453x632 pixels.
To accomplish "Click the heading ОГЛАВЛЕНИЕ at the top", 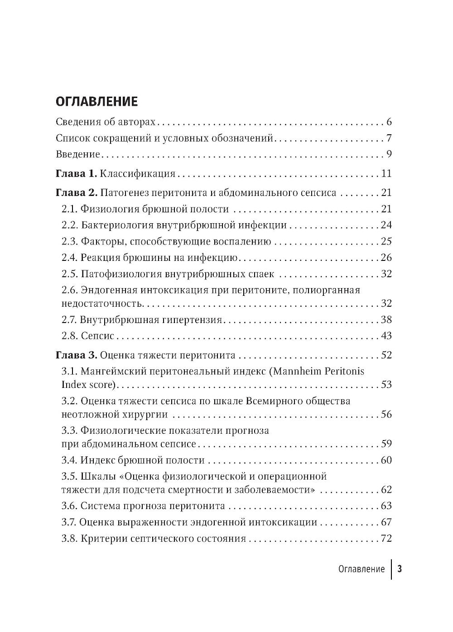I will tap(96, 101).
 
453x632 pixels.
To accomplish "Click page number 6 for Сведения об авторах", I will tap(389, 122).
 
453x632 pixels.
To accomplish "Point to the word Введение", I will tap(77, 154).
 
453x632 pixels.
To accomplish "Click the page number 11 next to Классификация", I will tap(386, 174).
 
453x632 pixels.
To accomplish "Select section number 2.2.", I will tap(70, 225).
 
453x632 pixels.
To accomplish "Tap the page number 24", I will tap(386, 225).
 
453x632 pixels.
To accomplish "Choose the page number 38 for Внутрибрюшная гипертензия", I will tap(386, 320).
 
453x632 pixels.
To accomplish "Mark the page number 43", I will tap(386, 336).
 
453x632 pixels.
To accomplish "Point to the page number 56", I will tap(386, 414).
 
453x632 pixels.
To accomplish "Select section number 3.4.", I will tap(70, 461).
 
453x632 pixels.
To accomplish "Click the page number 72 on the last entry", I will tap(386, 539).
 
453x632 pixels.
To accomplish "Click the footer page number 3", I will tap(400, 569).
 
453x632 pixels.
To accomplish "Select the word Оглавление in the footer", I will tap(361, 569).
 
